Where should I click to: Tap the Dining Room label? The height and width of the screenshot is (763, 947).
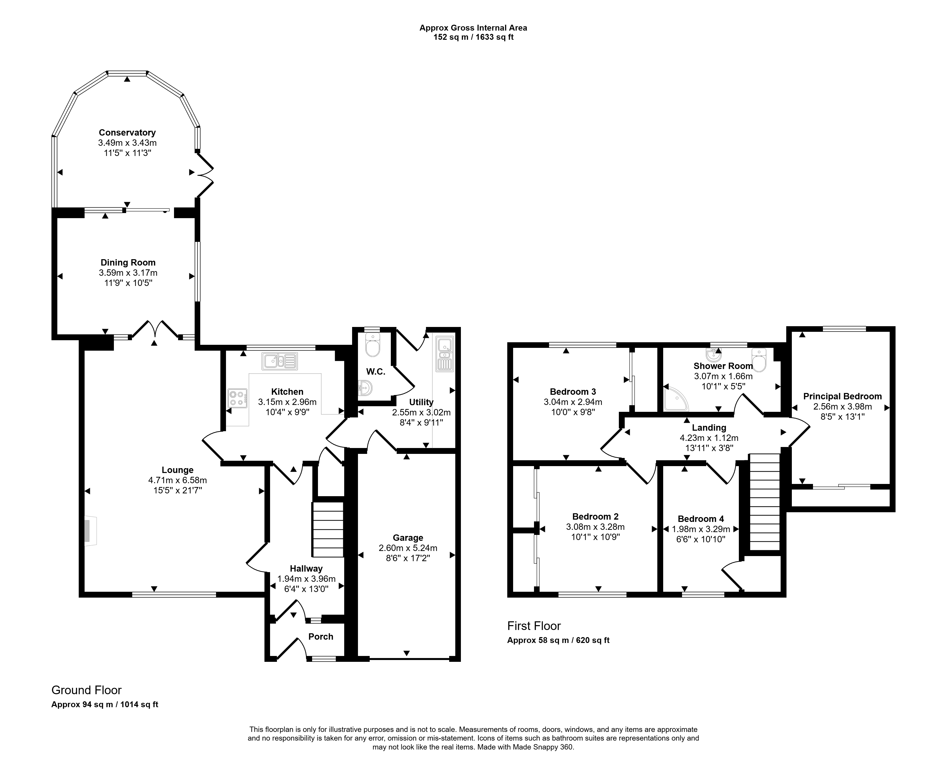(x=128, y=262)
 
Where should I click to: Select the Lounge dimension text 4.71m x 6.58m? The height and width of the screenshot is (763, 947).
(x=178, y=480)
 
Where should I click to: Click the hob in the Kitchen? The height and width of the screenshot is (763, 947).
(x=237, y=398)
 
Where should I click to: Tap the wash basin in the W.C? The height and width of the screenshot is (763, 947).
(x=365, y=388)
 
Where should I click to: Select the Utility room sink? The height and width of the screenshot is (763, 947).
(x=445, y=354)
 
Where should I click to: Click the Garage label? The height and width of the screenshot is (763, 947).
(x=408, y=537)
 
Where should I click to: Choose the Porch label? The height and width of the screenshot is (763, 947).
(x=321, y=636)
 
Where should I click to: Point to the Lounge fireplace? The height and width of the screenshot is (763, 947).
(x=90, y=531)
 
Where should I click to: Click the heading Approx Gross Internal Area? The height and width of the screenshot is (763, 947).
(x=473, y=28)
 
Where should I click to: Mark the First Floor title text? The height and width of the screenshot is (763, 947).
(x=534, y=626)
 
